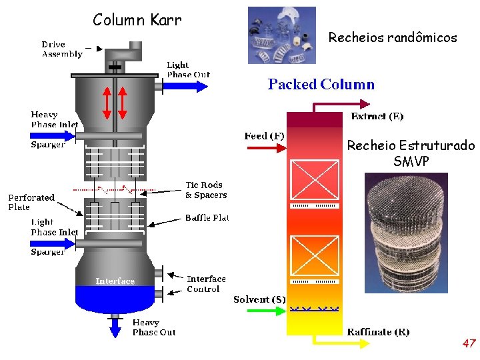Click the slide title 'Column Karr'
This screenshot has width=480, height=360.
(137, 20)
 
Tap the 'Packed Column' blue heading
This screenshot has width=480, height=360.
(321, 85)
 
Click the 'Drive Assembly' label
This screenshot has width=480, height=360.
(62, 49)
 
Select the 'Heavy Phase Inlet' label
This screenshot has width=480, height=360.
(54, 119)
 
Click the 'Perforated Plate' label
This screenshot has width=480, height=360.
(31, 202)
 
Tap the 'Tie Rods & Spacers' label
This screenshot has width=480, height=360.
(205, 190)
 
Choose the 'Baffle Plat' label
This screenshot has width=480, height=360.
(207, 218)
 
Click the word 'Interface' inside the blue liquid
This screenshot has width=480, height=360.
(115, 281)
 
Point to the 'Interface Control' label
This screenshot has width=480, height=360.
(206, 284)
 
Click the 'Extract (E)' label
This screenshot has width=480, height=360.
(377, 117)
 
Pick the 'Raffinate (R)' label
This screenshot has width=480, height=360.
(378, 332)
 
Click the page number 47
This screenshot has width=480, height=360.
(469, 344)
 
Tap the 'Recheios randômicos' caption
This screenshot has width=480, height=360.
(393, 38)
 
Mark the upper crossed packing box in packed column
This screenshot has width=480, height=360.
(313, 180)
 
